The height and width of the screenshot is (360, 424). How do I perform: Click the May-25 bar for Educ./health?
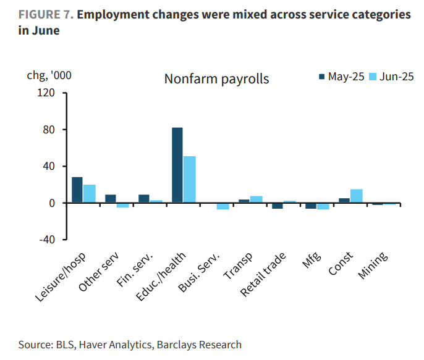(177, 165)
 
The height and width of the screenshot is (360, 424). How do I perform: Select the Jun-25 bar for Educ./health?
(190, 179)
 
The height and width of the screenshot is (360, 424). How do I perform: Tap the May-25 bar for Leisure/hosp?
(77, 190)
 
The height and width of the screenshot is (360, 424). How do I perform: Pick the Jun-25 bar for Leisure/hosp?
(90, 193)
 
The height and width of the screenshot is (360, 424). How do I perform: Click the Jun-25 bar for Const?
(356, 196)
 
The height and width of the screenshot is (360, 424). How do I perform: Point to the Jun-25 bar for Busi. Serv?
(223, 206)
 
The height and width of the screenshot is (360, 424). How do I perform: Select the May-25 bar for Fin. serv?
(144, 199)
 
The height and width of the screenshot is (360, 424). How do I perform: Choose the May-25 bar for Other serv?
(111, 199)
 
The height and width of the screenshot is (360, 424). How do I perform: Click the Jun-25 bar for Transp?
(257, 199)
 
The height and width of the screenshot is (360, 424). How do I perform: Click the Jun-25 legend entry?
(391, 77)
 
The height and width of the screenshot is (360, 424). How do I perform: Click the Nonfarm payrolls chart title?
(216, 79)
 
